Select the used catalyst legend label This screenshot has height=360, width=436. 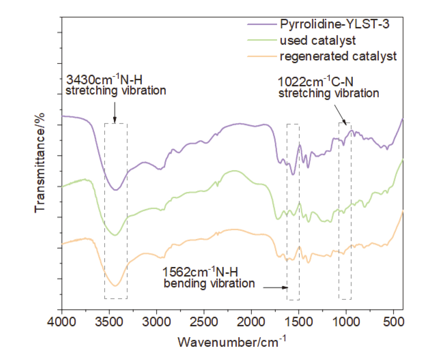pos(318,41)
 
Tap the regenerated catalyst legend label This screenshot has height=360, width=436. pos(338,56)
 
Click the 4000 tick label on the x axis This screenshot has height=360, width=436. pos(62,322)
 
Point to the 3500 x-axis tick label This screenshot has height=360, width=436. pos(109,322)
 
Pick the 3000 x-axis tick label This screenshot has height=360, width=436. pos(157,322)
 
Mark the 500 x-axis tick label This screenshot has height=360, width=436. pos(393,322)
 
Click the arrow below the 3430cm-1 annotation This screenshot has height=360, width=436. pos(115,111)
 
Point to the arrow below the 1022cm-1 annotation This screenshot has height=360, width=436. pos(340,114)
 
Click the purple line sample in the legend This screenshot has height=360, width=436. pos(262,25)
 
